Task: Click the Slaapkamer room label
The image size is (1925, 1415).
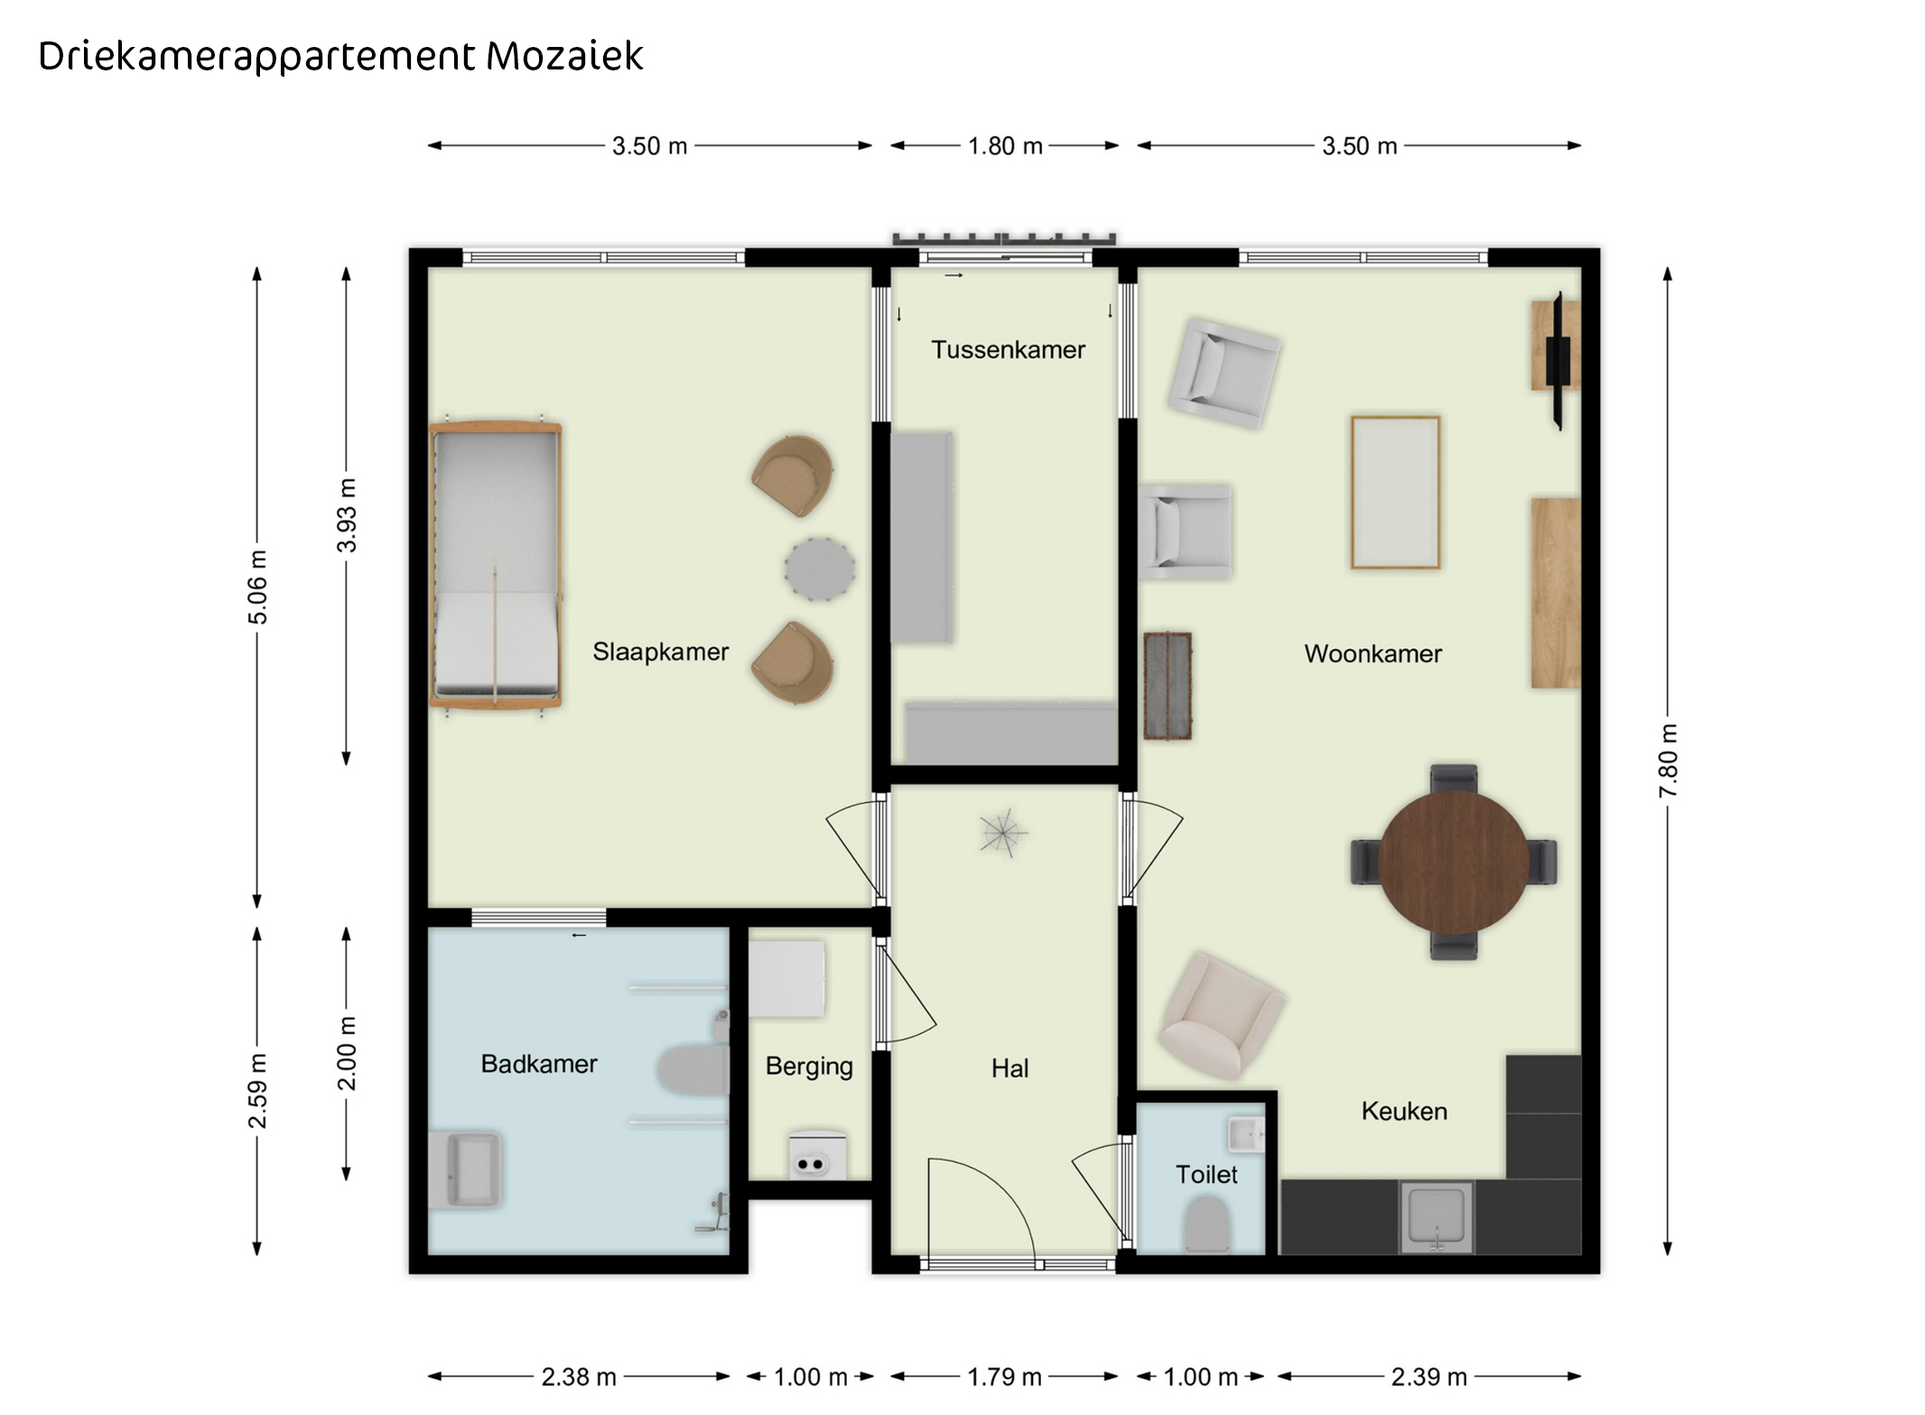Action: (x=660, y=652)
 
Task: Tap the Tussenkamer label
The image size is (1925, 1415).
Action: (x=1008, y=349)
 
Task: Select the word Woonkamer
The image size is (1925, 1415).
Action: (x=1372, y=653)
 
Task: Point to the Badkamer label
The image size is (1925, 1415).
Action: (x=539, y=1064)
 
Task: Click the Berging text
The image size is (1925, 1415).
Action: (x=809, y=1067)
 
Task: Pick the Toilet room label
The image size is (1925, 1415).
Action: (x=1206, y=1174)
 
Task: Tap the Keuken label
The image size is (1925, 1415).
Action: (x=1404, y=1111)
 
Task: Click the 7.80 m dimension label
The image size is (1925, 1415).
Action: (x=1668, y=761)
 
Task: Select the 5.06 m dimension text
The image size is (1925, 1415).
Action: (x=257, y=587)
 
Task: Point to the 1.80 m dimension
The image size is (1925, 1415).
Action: (x=1005, y=145)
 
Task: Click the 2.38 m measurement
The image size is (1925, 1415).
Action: (x=579, y=1377)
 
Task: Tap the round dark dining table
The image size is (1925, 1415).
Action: (x=1454, y=862)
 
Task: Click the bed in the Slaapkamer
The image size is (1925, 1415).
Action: (x=496, y=565)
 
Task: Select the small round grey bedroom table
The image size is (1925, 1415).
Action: (x=820, y=569)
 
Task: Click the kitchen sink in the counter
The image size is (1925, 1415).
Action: (x=1437, y=1216)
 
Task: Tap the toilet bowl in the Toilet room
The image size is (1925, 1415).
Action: (x=1207, y=1225)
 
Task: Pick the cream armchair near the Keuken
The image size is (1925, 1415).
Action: (x=1221, y=1015)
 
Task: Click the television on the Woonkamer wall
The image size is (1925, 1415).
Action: (x=1558, y=360)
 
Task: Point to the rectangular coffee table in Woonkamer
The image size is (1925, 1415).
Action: (x=1395, y=493)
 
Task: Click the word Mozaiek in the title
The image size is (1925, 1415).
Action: (x=564, y=56)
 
